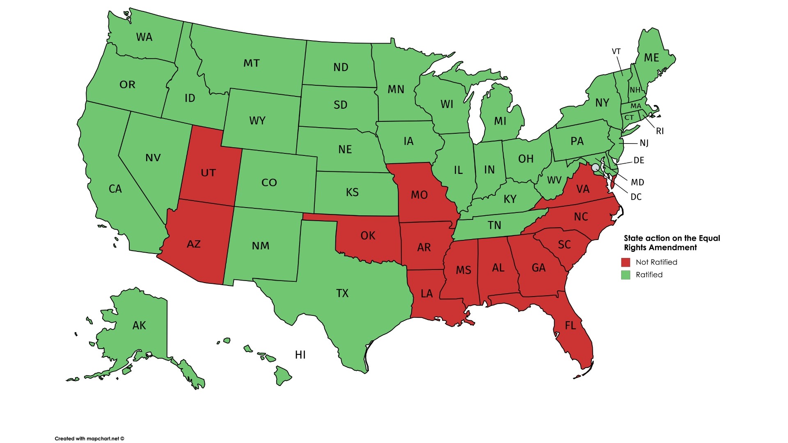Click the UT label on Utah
(208, 173)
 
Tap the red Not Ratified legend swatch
(625, 263)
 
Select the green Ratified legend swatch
(625, 275)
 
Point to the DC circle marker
(595, 167)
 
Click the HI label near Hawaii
(300, 355)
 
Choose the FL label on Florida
(570, 326)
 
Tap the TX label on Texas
(342, 293)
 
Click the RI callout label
(660, 131)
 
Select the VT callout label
(616, 52)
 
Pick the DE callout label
(639, 160)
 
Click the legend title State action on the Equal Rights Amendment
(671, 243)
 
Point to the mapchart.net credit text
(89, 438)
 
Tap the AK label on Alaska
(139, 326)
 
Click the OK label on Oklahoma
(368, 235)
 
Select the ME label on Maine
(651, 58)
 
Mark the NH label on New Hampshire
(635, 90)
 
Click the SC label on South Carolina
(564, 245)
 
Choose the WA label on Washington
(144, 37)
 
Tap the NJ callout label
(644, 143)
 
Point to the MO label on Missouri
(419, 195)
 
